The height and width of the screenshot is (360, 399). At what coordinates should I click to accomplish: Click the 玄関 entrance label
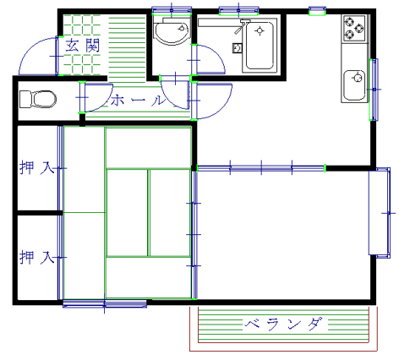click(x=83, y=46)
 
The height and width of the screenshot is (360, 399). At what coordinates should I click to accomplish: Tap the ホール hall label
click(x=138, y=100)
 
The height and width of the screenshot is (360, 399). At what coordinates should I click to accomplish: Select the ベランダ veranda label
click(x=283, y=325)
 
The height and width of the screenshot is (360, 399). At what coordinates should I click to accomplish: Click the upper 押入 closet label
click(x=36, y=167)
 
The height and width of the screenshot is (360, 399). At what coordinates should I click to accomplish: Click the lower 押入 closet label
click(x=36, y=257)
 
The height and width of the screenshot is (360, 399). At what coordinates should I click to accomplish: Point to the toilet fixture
click(x=38, y=99)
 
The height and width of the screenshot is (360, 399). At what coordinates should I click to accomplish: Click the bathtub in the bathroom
click(x=260, y=45)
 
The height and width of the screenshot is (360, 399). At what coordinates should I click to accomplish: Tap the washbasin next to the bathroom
click(x=172, y=31)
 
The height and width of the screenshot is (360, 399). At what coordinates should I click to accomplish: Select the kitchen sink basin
click(x=355, y=85)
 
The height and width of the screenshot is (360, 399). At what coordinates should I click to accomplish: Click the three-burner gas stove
click(x=354, y=28)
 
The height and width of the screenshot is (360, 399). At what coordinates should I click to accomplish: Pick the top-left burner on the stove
click(x=349, y=21)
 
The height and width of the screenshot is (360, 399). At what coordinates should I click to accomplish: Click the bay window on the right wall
click(x=380, y=213)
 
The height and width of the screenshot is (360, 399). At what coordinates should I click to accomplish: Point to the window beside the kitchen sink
click(x=374, y=90)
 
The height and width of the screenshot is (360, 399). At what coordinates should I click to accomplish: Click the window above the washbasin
click(x=172, y=11)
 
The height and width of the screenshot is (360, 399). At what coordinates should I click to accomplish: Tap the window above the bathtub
click(x=238, y=11)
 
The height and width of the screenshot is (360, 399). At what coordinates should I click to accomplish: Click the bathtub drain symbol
click(x=260, y=30)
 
